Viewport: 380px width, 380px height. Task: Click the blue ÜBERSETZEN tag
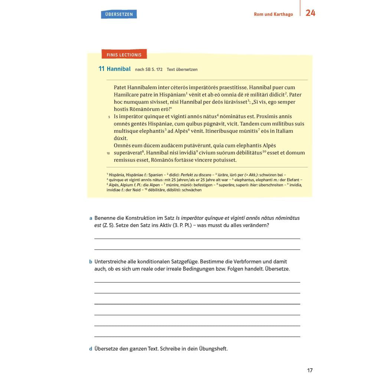coord(119,14)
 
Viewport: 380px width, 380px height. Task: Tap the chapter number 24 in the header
coord(310,13)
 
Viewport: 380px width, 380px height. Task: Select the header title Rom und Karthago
coord(273,14)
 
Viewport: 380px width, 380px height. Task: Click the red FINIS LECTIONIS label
coord(124,55)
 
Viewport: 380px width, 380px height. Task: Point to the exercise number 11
coord(101,69)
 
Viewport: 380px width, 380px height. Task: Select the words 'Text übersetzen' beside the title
coord(182,69)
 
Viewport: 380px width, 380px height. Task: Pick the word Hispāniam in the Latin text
coord(173,95)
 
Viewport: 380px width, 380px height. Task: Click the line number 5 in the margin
coord(109,117)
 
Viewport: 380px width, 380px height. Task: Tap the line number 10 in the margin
coord(108,153)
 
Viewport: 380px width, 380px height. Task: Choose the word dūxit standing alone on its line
coord(121,138)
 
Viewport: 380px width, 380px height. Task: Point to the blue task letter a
coord(91,218)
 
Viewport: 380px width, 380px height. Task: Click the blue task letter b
coord(91,262)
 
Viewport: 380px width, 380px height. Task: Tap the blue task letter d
coord(91,349)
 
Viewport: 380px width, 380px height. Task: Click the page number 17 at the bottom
coord(310,370)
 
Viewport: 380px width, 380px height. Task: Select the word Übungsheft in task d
coord(213,349)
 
